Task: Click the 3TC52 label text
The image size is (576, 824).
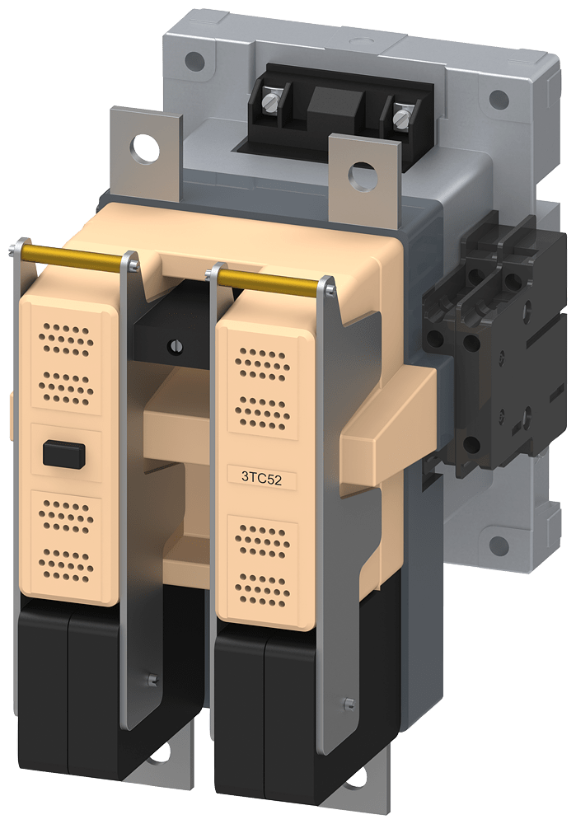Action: coord(262,476)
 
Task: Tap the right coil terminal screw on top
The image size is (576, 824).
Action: coord(402,117)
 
